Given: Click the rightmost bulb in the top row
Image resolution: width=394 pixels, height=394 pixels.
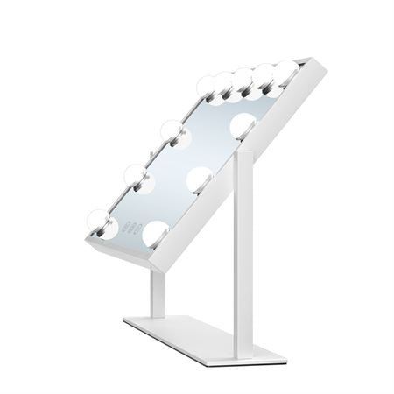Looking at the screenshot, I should [286, 68].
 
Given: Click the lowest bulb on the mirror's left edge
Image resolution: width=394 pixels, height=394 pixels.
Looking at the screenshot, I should [100, 223].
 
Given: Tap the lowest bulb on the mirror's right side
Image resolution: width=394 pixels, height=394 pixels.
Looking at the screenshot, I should [157, 232].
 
